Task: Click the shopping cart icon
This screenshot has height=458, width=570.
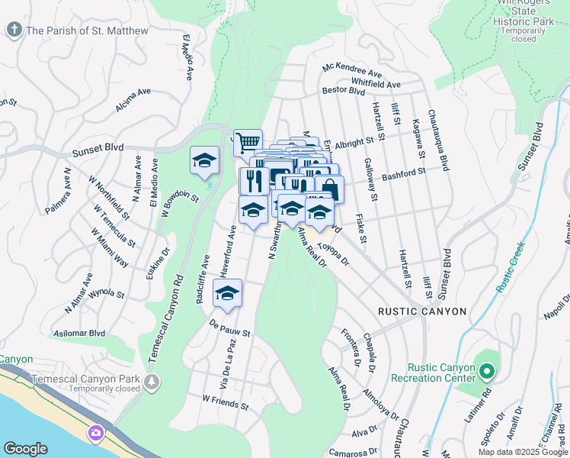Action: coord(248,142)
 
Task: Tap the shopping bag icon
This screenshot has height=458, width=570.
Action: coord(329,189)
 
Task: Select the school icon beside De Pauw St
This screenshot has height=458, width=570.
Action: coord(227,293)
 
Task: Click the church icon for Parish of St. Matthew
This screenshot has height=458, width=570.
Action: coord(14,31)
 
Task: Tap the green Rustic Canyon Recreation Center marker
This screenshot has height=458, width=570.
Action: coord(488,373)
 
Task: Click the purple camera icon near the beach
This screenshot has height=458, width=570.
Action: coord(95,434)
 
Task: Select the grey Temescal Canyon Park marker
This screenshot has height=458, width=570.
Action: coord(152,380)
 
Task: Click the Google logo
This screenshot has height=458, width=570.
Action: coord(26,449)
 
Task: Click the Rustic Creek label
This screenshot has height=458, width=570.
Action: coord(510,267)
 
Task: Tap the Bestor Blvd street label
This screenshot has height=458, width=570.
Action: coord(344,90)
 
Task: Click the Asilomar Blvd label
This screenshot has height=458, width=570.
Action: coord(76,334)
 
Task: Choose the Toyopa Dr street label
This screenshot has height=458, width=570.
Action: coord(333,254)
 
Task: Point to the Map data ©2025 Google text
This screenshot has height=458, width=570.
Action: coord(522,451)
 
